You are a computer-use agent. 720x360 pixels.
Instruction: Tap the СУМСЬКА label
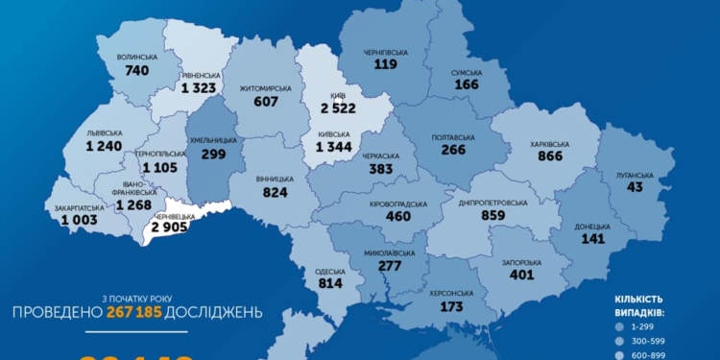468,72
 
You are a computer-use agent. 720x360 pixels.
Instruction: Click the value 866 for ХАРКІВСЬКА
550,156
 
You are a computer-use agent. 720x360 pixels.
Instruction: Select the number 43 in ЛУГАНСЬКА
634,187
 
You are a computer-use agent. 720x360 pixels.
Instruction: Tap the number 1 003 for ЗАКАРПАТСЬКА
80,220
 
